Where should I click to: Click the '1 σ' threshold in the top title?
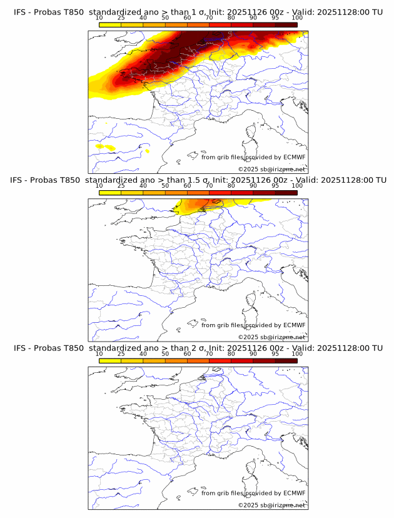click(x=201, y=13)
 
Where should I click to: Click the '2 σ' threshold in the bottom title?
click(x=201, y=348)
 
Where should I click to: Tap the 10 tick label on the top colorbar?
click(x=99, y=18)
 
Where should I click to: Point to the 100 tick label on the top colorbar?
click(x=297, y=18)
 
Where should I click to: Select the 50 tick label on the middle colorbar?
click(x=165, y=186)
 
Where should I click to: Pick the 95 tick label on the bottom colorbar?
click(x=275, y=353)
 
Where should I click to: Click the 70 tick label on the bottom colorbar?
click(x=209, y=353)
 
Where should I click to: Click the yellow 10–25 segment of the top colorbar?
click(x=110, y=24)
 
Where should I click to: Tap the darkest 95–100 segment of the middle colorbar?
click(x=286, y=193)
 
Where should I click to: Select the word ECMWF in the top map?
click(x=294, y=158)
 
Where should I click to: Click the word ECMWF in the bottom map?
click(x=294, y=493)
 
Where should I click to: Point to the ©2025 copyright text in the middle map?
click(x=271, y=337)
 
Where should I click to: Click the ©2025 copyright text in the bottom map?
click(x=271, y=504)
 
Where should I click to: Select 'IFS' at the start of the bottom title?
click(x=20, y=348)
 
